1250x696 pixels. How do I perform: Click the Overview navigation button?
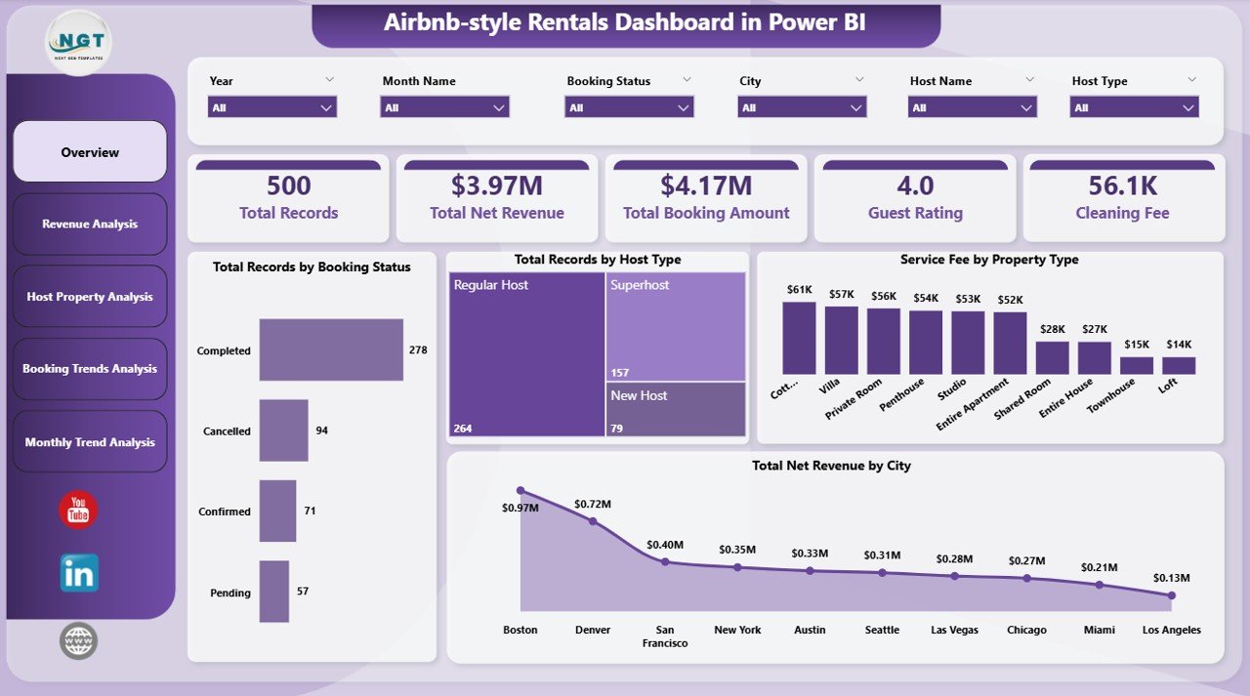pos(90,152)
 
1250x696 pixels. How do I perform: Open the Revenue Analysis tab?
pos(90,225)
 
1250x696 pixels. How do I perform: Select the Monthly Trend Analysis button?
pos(90,442)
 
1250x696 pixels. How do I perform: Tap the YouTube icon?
pos(78,511)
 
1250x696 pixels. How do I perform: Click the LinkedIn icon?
pos(79,573)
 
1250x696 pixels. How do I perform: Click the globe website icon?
pos(79,641)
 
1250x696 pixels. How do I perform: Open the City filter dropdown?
pos(802,107)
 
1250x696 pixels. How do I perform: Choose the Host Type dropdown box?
pos(1134,107)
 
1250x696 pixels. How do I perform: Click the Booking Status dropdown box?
pos(629,107)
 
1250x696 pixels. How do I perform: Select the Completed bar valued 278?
pos(331,349)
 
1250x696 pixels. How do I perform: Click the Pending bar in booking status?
pos(273,592)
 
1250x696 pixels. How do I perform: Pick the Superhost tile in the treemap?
pos(675,326)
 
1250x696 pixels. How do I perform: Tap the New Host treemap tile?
pos(675,408)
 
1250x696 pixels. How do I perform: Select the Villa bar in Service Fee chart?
pos(842,341)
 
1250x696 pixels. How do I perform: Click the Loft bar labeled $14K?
pos(1179,365)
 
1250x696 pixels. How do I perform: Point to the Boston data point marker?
pos(521,491)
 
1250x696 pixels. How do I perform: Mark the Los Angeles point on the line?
pos(1172,594)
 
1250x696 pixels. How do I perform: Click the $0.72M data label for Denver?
pos(592,504)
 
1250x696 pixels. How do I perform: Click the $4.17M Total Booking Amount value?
pos(706,185)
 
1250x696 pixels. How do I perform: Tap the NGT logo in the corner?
pos(79,42)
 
